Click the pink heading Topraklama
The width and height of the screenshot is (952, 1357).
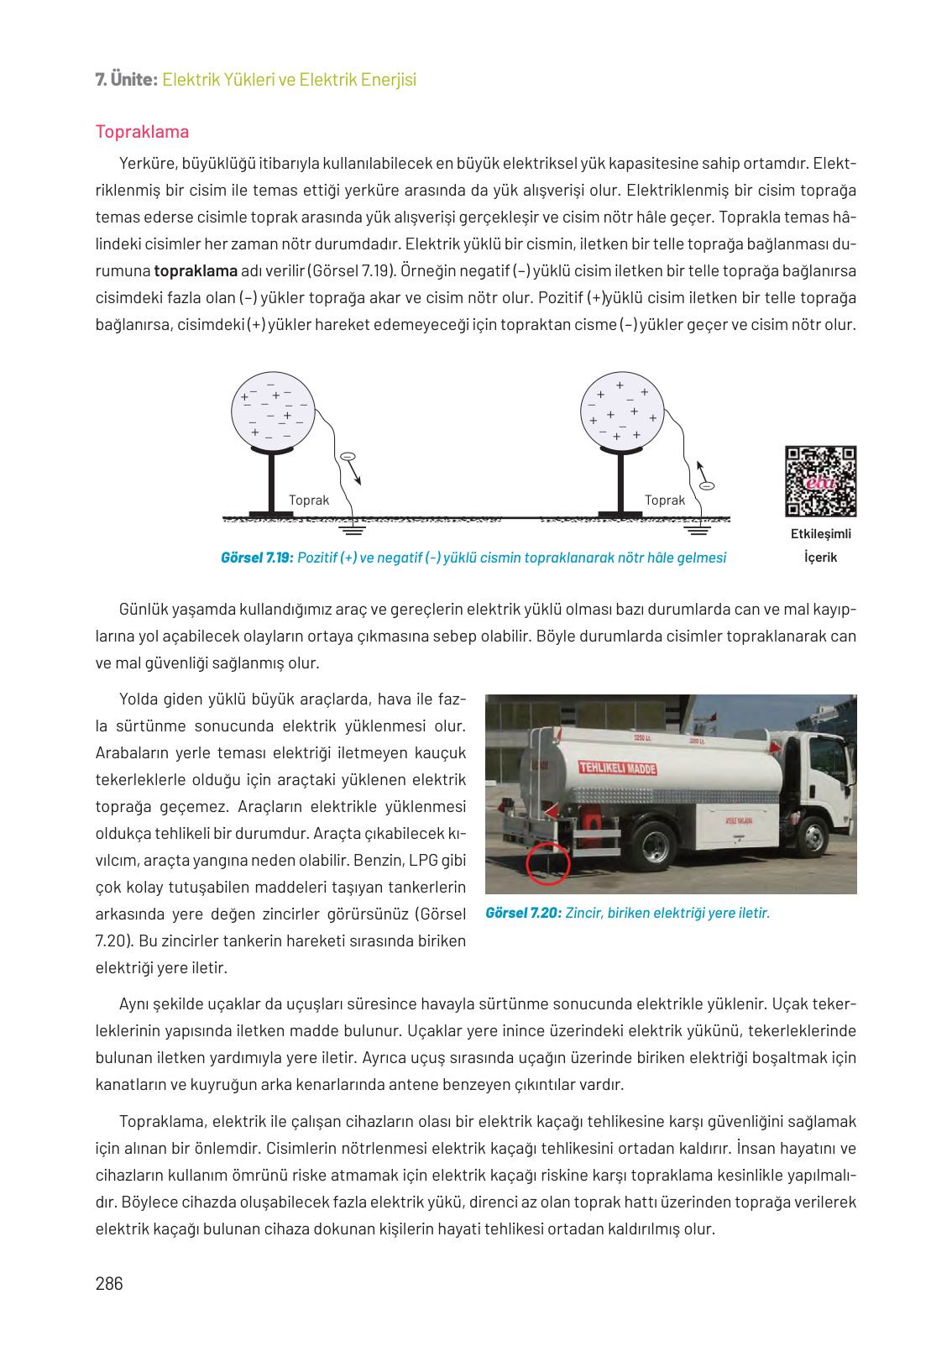(x=142, y=132)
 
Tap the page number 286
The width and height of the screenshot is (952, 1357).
(x=109, y=1283)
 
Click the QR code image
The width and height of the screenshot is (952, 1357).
(x=820, y=481)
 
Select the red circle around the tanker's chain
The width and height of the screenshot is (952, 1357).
(x=547, y=863)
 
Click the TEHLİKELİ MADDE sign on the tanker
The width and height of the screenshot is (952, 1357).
(x=618, y=768)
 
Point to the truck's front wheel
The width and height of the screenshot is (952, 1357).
(x=813, y=836)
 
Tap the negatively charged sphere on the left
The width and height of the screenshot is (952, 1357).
(x=273, y=411)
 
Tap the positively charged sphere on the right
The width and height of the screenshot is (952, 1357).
(x=622, y=411)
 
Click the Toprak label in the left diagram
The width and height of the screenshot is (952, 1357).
(x=309, y=500)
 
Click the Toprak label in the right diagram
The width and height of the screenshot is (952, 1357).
(x=665, y=500)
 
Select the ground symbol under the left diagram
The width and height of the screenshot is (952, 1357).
(x=352, y=529)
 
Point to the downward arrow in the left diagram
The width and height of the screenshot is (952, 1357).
(x=355, y=474)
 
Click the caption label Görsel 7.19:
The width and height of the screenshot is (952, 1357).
(x=257, y=558)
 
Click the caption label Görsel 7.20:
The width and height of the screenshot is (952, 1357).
(x=523, y=913)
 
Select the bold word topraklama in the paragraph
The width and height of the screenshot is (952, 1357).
(x=196, y=270)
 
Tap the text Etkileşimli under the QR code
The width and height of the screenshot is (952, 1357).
(x=820, y=533)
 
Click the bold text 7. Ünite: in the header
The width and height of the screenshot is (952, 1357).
(x=126, y=80)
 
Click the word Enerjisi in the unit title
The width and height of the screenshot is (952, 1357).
(x=388, y=80)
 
